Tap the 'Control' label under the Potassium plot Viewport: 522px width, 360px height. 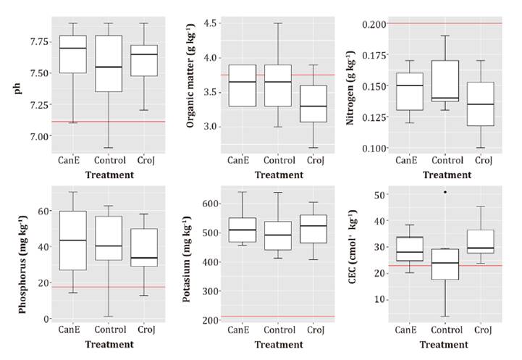[258, 330]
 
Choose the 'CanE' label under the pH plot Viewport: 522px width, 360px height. [72, 160]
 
